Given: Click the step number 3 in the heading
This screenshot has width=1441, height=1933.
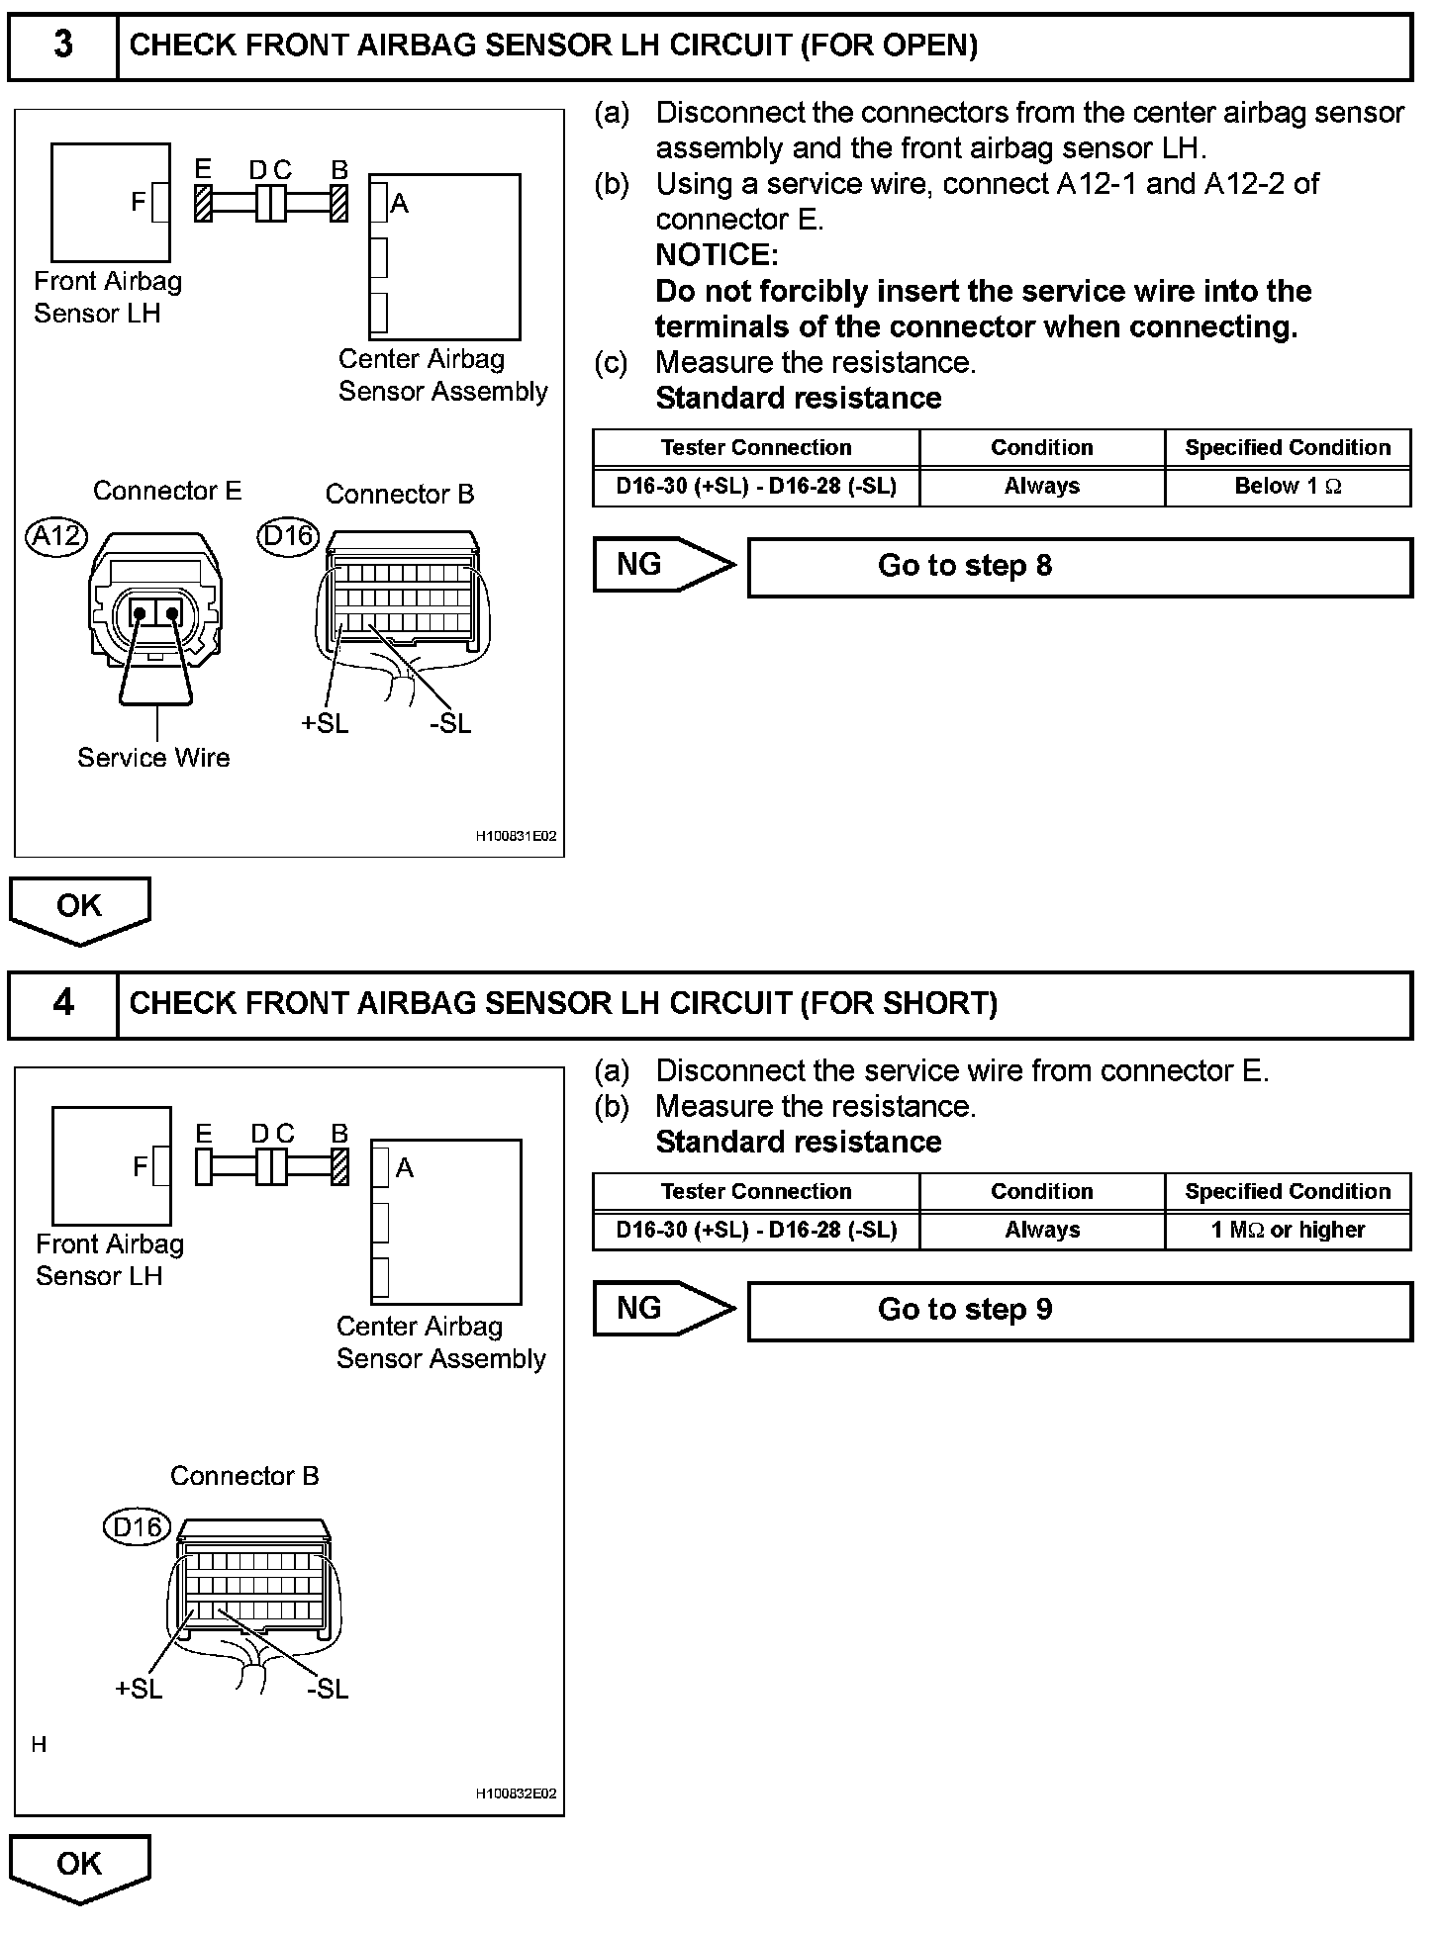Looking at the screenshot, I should point(62,45).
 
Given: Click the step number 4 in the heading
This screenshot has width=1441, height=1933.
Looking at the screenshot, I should point(62,1003).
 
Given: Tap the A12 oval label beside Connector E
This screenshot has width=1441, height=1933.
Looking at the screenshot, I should point(56,536).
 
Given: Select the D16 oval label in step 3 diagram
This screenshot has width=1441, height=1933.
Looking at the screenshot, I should point(288,536).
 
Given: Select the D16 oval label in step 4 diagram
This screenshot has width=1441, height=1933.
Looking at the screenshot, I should point(137,1526).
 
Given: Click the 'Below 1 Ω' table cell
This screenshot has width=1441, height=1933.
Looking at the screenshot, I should point(1288,487).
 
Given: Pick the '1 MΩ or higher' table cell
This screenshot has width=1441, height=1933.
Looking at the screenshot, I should point(1288,1231).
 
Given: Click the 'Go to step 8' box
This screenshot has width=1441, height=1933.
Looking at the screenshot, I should point(1079,567).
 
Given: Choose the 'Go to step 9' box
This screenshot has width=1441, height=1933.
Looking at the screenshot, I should point(1079,1311).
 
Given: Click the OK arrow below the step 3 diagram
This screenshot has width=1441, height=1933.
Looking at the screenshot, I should point(79,907).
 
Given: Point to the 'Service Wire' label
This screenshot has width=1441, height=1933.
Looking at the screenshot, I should point(153,758).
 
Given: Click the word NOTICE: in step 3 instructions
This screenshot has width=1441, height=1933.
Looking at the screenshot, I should point(717,255).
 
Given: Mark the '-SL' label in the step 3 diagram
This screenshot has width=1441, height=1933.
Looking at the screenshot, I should point(450,724).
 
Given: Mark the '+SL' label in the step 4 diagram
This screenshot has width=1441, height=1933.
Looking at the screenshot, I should point(139,1689).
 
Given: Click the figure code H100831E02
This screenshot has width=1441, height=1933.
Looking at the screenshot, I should point(516,837).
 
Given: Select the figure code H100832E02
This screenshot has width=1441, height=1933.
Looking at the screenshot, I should point(516,1794).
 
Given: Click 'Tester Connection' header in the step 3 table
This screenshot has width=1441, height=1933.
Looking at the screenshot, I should point(756,448).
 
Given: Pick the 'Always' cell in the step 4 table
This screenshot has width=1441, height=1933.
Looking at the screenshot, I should point(1041,1231).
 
